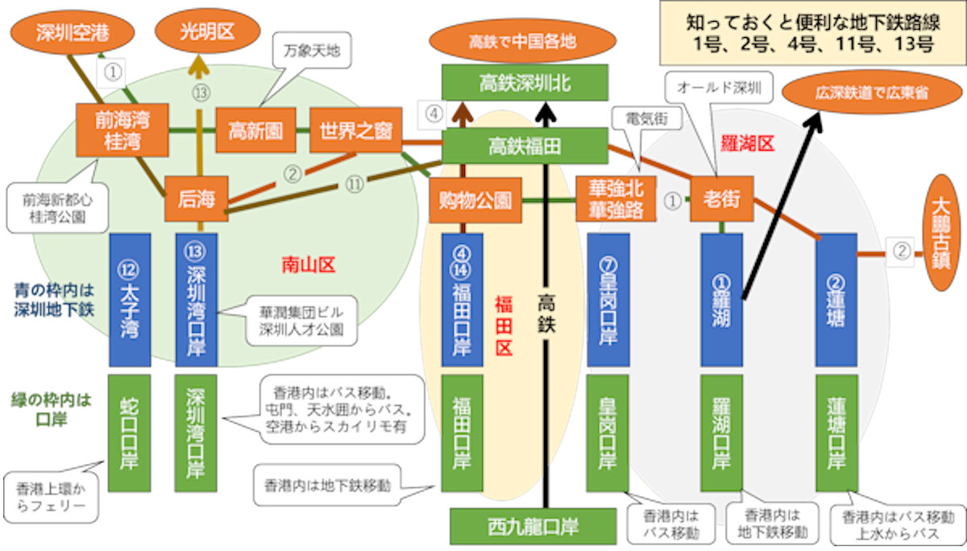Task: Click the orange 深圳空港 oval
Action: (73, 33)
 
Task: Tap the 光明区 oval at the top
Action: (208, 33)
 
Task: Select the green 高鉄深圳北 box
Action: (525, 82)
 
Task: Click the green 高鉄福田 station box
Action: (525, 146)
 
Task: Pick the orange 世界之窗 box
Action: (355, 130)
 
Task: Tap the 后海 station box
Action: (197, 198)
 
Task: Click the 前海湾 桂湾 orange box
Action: (122, 130)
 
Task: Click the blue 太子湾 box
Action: (130, 300)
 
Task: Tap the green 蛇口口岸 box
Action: (130, 433)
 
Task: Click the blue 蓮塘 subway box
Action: (836, 300)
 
